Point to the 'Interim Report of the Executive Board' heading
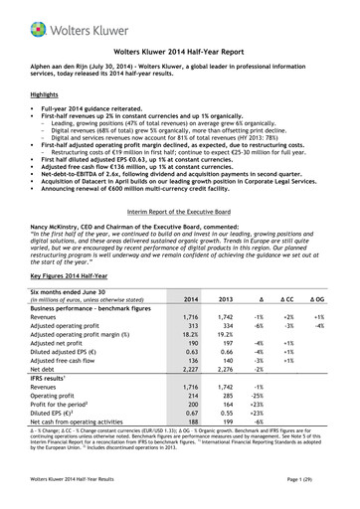(x=179, y=226)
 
